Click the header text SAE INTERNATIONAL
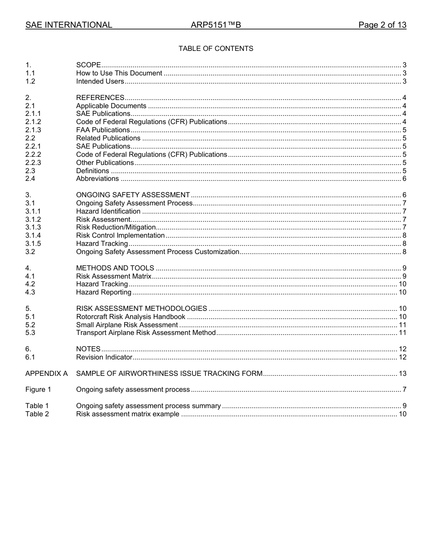click(x=69, y=25)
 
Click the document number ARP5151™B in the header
click(x=216, y=25)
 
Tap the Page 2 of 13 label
click(x=382, y=25)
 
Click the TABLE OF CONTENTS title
click(x=216, y=49)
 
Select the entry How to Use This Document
click(x=119, y=73)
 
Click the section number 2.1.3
click(x=33, y=130)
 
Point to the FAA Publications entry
click(x=103, y=130)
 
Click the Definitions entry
click(x=92, y=171)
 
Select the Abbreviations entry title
click(x=97, y=179)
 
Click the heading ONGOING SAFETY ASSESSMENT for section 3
click(x=133, y=195)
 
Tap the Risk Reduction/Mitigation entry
click(x=116, y=227)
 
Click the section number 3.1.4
click(x=33, y=235)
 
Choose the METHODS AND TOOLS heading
click(x=115, y=268)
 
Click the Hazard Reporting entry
click(x=104, y=292)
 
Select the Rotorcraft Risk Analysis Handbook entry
click(x=131, y=317)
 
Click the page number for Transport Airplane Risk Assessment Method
click(x=402, y=333)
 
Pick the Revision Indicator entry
click(x=104, y=357)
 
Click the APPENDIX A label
click(x=46, y=374)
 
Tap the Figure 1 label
click(x=38, y=389)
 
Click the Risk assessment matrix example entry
click(x=127, y=414)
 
